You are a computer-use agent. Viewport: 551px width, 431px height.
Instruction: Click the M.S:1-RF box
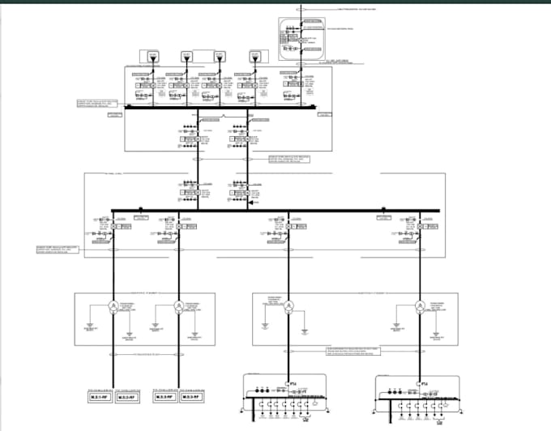[x=100, y=397]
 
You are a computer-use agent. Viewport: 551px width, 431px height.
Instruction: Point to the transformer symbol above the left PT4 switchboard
[x=288, y=306]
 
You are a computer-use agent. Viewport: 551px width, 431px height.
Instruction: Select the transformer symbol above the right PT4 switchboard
[x=420, y=306]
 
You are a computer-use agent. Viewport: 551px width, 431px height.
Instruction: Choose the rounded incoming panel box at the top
[x=299, y=38]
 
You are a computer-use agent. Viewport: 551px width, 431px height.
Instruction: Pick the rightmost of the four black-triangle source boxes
[x=254, y=57]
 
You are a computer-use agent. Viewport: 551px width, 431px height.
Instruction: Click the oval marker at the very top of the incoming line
[x=299, y=9]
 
